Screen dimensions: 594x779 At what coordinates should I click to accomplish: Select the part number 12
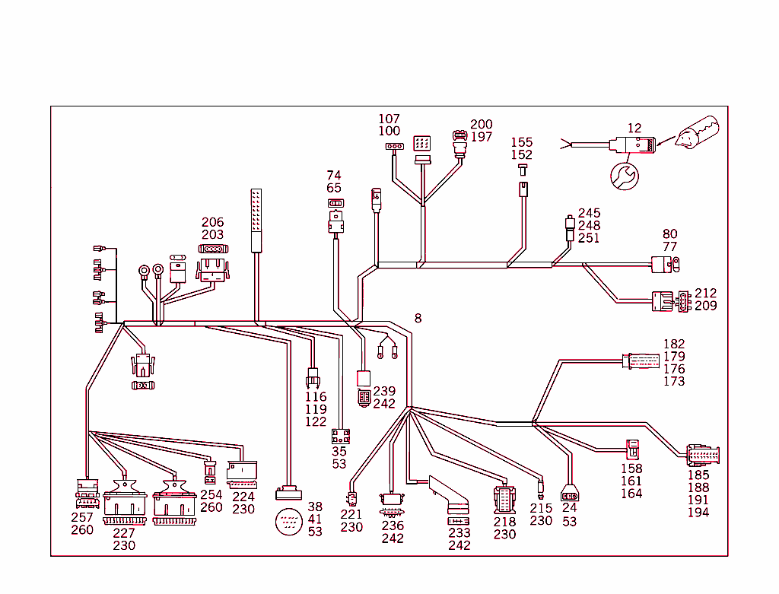[634, 128]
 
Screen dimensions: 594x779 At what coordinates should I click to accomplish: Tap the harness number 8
[418, 317]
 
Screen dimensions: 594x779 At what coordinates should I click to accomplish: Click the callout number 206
[213, 223]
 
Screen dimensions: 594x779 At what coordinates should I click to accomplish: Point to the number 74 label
[334, 176]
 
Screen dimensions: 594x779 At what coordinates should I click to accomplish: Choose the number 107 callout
[389, 119]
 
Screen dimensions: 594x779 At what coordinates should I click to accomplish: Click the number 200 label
[481, 125]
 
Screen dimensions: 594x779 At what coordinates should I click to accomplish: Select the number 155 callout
[522, 142]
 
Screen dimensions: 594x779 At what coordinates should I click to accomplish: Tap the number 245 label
[589, 213]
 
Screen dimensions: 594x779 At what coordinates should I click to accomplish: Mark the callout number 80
[669, 234]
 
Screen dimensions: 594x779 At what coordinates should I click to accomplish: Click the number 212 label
[705, 293]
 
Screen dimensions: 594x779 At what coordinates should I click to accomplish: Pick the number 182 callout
[674, 345]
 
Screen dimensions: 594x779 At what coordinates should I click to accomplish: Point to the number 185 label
[698, 475]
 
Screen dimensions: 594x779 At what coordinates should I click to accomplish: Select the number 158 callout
[631, 469]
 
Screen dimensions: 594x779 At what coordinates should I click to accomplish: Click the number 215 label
[541, 508]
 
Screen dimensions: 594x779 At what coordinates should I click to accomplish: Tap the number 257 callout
[82, 517]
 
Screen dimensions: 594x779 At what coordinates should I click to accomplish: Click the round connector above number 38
[290, 522]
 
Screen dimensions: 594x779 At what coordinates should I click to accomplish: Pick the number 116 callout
[316, 396]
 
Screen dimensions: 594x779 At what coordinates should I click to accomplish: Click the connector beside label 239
[364, 396]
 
